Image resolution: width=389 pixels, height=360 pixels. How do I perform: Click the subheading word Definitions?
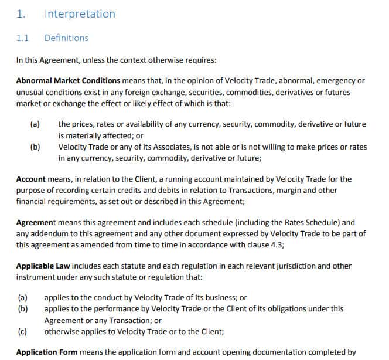pyautogui.click(x=66, y=38)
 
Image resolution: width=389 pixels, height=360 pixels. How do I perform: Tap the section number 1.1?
pyautogui.click(x=23, y=38)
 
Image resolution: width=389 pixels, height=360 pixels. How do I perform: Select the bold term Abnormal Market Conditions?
pyautogui.click(x=68, y=81)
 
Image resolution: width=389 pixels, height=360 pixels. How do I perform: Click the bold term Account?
pyautogui.click(x=31, y=179)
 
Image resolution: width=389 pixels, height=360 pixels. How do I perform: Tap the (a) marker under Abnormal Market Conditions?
pyautogui.click(x=35, y=124)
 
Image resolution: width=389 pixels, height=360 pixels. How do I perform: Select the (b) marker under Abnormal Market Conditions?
pyautogui.click(x=35, y=147)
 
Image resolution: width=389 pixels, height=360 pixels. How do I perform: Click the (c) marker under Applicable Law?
pyautogui.click(x=22, y=331)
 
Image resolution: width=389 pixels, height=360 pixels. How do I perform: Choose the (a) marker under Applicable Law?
pyautogui.click(x=22, y=298)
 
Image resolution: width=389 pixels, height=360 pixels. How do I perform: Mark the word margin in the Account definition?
pyautogui.click(x=295, y=191)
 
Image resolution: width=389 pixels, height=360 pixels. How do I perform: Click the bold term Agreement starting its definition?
pyautogui.click(x=36, y=223)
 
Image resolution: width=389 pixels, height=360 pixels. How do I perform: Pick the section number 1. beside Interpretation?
pyautogui.click(x=21, y=14)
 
